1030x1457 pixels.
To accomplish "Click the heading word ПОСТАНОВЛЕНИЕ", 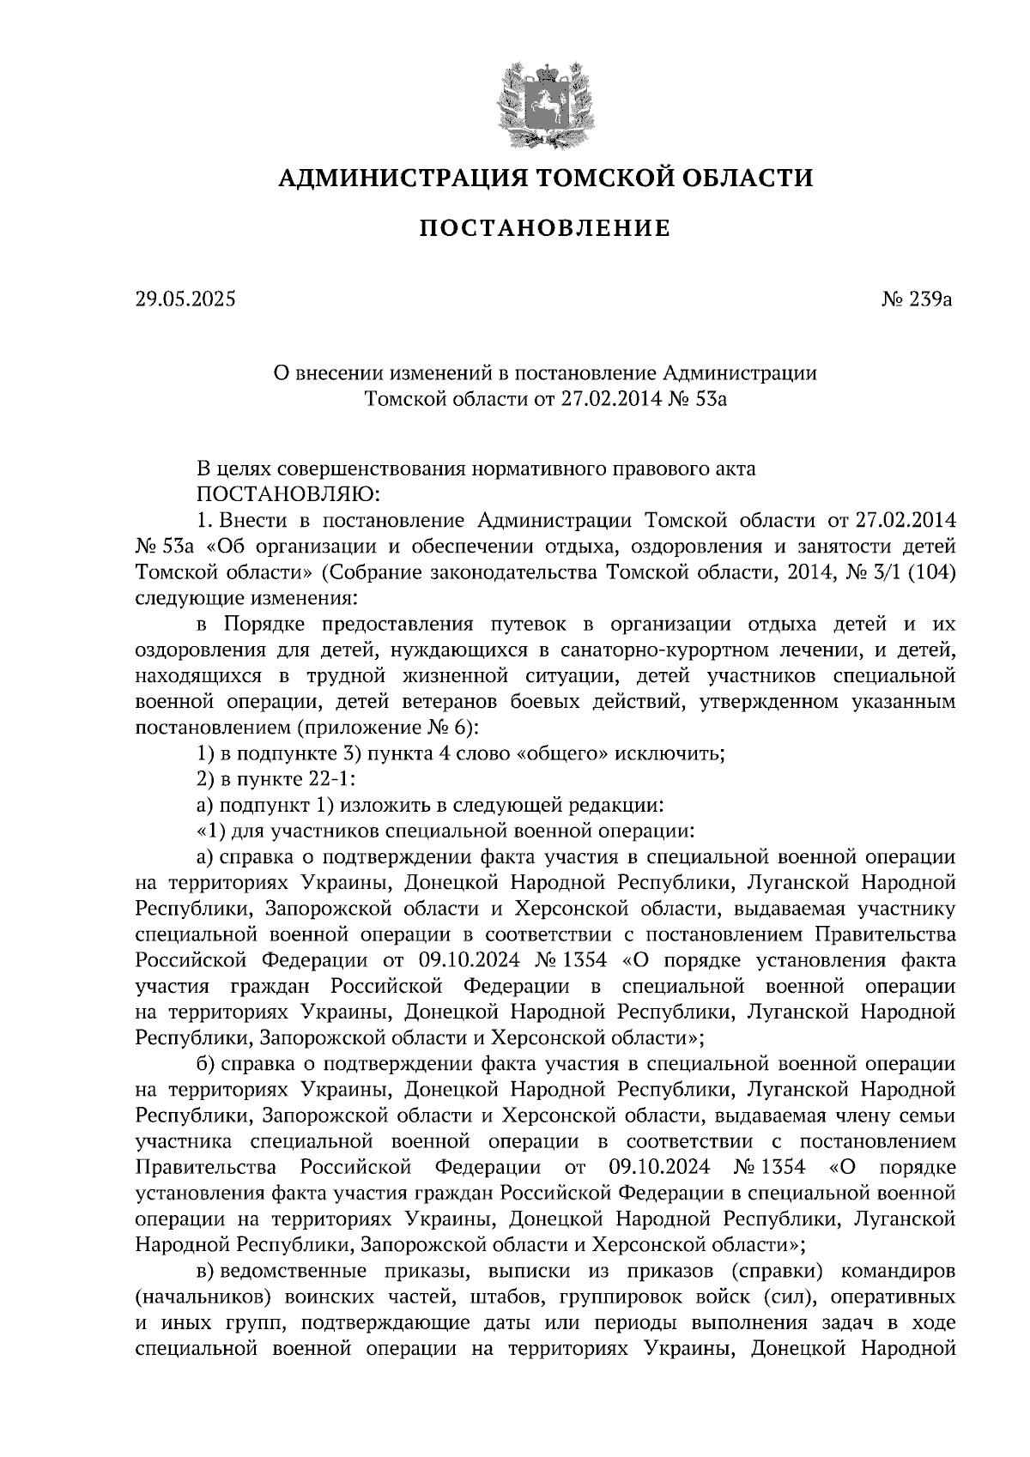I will coord(544,229).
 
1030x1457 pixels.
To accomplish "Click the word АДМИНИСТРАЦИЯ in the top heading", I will coord(403,178).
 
